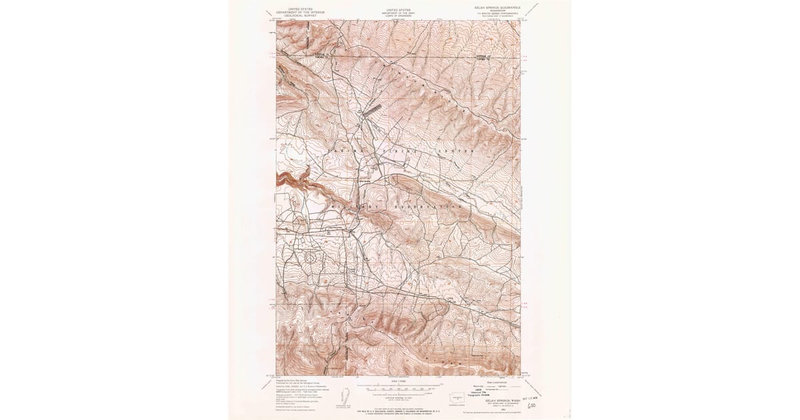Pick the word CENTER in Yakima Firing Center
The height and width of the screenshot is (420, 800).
(x=458, y=151)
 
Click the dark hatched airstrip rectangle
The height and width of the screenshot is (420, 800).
(x=371, y=108)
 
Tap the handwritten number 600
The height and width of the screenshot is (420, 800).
(x=532, y=404)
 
